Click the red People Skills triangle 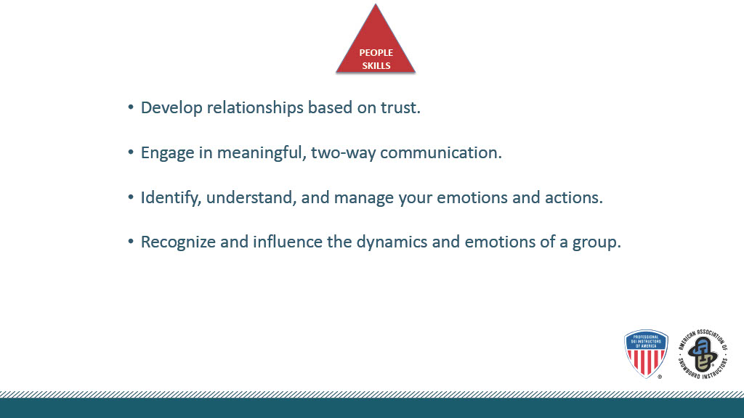(x=376, y=47)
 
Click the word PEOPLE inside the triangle (x=376, y=52)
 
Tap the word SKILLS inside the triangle (x=376, y=66)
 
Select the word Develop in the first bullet (x=171, y=108)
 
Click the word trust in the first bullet (x=400, y=107)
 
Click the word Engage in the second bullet (x=168, y=153)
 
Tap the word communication (x=441, y=152)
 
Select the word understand (x=251, y=197)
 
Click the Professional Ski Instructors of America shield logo (x=646, y=353)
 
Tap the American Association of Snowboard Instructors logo (x=703, y=353)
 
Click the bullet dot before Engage (x=131, y=152)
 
